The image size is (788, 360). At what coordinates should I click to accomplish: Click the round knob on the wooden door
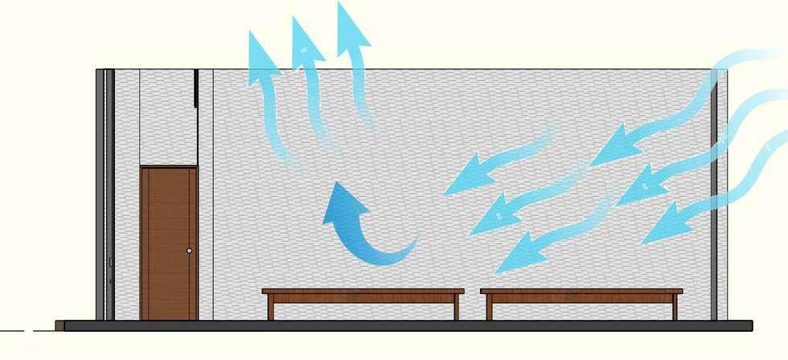click(190, 252)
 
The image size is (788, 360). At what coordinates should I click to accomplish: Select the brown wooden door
click(168, 241)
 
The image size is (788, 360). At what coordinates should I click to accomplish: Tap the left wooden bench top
click(363, 292)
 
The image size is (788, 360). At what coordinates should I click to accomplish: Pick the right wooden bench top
click(581, 292)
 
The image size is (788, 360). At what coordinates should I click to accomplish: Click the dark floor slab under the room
click(402, 325)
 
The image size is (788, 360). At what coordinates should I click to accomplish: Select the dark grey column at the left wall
click(100, 193)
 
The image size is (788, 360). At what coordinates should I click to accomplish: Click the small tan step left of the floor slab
click(60, 325)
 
